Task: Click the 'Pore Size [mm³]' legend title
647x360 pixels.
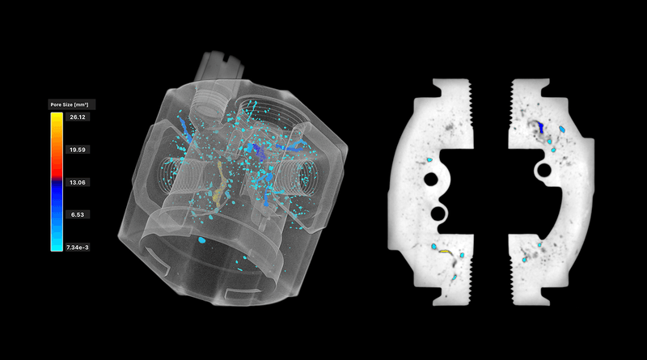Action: coord(70,104)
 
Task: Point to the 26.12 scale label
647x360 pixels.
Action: coord(78,116)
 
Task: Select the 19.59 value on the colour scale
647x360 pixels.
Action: coord(78,150)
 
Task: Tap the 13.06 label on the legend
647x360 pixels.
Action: coord(78,183)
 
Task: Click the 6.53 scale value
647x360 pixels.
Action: coord(78,214)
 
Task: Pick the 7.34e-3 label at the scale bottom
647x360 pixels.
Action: coord(78,248)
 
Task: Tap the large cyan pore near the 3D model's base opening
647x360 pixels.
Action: coord(201,239)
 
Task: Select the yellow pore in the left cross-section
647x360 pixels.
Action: coord(445,251)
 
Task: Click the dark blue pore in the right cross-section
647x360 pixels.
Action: coord(542,127)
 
